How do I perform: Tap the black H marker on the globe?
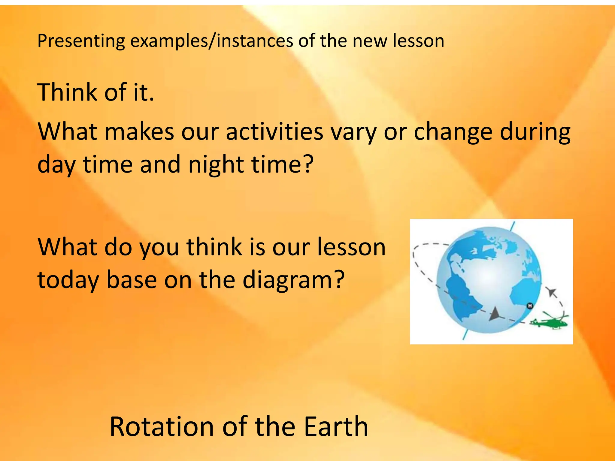[530, 306]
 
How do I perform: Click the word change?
[453, 132]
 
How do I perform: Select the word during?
[535, 132]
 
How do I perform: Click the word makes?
[139, 132]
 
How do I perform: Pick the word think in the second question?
[214, 247]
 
